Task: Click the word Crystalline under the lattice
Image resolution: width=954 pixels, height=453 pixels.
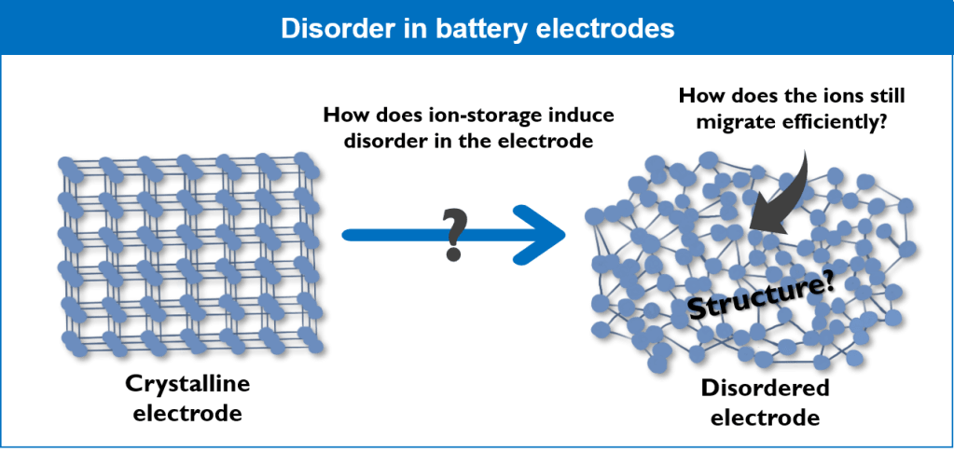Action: (x=186, y=384)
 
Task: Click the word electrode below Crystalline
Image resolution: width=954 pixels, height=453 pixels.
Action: (x=187, y=411)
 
